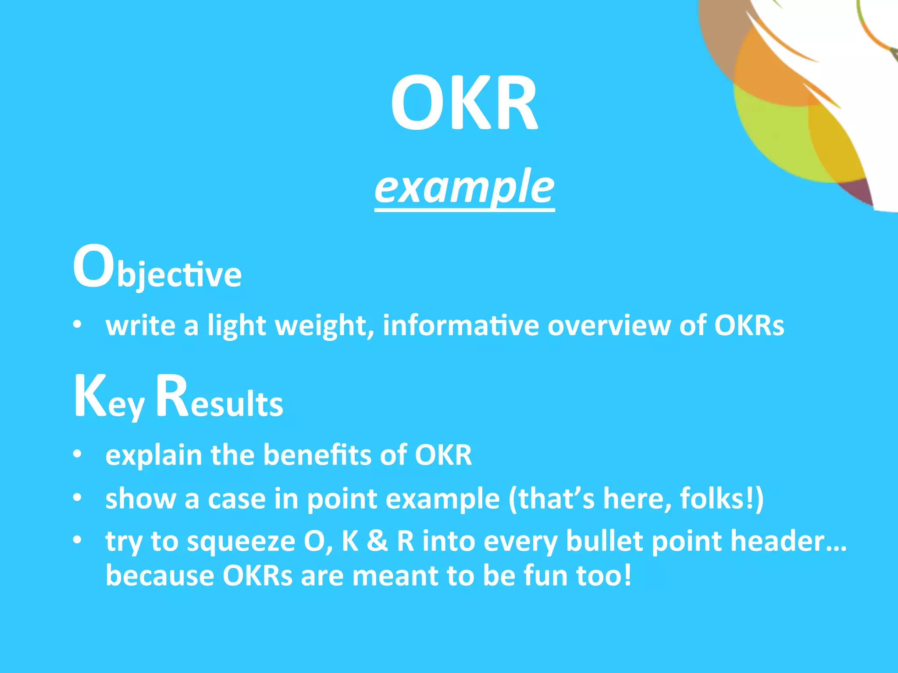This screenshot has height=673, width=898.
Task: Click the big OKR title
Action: pos(464,103)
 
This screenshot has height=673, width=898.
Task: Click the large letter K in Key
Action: pos(90,397)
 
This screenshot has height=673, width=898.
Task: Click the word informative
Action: pos(461,325)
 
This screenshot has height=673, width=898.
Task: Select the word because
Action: pos(160,575)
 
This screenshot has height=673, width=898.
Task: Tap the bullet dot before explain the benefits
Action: pos(78,454)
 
